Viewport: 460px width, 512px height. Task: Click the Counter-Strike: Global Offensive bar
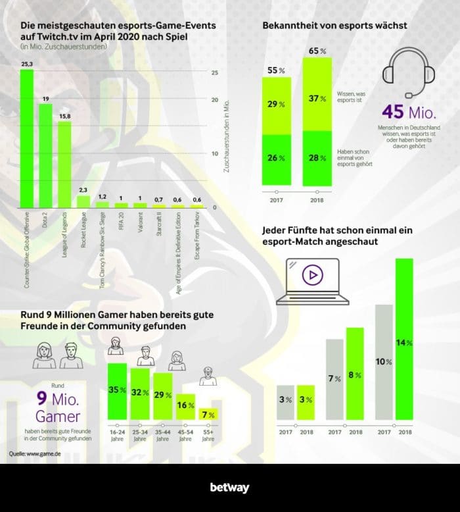(x=26, y=138)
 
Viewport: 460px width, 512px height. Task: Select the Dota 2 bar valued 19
(x=45, y=155)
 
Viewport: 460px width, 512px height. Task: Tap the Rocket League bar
(x=83, y=201)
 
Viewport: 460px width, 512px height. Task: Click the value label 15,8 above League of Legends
(x=64, y=116)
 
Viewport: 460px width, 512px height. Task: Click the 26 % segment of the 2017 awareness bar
(x=277, y=159)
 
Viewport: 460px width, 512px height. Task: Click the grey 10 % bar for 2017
(x=384, y=362)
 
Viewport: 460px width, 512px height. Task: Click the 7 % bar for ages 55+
(x=208, y=415)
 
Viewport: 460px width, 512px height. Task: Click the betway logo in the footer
(x=229, y=488)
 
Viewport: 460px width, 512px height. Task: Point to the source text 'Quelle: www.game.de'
(x=34, y=454)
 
